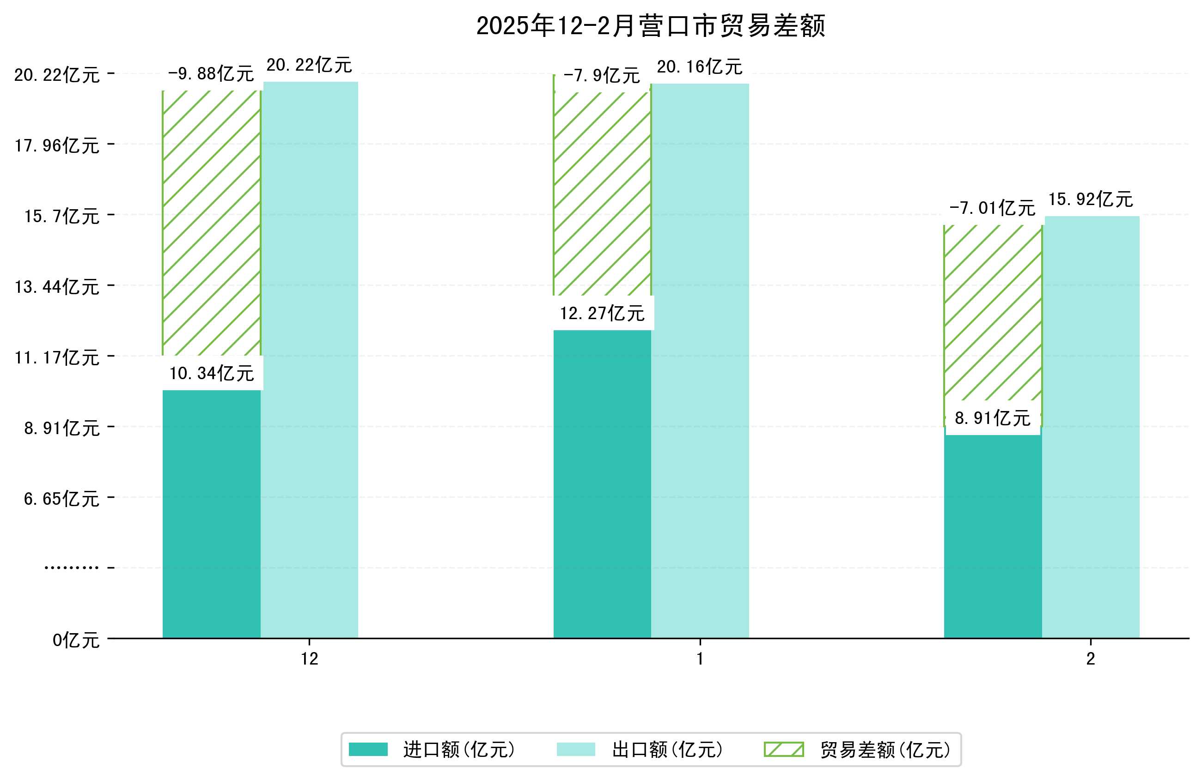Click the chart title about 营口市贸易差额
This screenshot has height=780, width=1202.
651,26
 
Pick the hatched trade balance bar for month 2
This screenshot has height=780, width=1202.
992,313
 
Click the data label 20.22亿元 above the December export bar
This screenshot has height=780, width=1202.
309,65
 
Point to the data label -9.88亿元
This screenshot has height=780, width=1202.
211,74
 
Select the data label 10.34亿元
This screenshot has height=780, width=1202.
212,374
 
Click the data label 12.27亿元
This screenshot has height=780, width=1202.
602,314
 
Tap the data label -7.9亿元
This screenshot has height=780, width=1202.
602,76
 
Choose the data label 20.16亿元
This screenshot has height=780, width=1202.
700,67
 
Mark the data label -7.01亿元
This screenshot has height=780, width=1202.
992,208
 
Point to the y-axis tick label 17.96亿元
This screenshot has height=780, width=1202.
57,146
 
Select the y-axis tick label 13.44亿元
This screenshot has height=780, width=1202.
57,287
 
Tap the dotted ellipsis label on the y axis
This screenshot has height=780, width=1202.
71,568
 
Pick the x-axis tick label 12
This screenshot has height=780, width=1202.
310,659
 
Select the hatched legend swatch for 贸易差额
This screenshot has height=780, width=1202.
783,749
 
